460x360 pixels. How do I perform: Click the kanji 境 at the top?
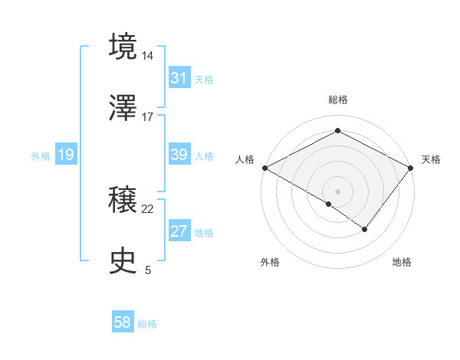click(x=124, y=45)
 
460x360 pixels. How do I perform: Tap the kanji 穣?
click(x=124, y=201)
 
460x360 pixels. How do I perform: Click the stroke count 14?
click(x=148, y=56)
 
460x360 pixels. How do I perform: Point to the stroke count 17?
click(x=148, y=117)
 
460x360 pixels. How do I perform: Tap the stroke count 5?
click(x=148, y=270)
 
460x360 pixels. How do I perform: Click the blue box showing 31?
click(x=179, y=78)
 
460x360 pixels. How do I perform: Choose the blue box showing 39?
click(x=179, y=155)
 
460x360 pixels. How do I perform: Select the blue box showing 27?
click(x=179, y=231)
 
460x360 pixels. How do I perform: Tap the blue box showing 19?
click(x=66, y=155)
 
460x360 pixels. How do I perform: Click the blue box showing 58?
click(x=123, y=323)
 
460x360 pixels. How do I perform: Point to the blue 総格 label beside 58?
click(x=147, y=324)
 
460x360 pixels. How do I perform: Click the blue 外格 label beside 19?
click(x=41, y=155)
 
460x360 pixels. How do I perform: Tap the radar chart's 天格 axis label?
click(x=431, y=159)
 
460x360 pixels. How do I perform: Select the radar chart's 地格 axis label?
click(x=402, y=262)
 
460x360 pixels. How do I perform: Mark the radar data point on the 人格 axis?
click(x=264, y=167)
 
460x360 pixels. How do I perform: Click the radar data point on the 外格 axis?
click(x=329, y=204)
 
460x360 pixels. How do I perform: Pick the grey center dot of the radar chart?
click(x=337, y=191)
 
